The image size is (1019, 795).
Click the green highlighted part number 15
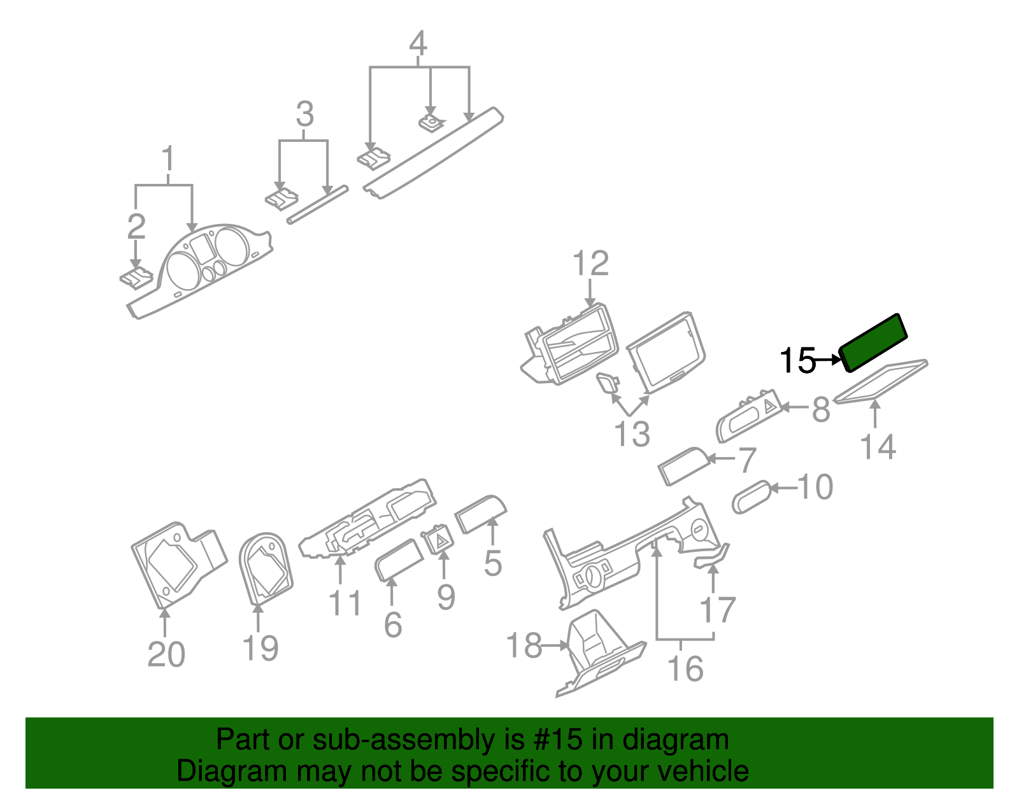pos(874,342)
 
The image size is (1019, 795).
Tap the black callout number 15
pos(797,361)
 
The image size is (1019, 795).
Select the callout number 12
pos(590,264)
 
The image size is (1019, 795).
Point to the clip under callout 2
pos(136,278)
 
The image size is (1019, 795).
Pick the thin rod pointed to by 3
pos(318,204)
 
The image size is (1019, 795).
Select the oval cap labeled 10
pos(752,497)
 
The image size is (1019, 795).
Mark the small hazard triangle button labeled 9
pos(438,540)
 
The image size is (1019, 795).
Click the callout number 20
pos(166,654)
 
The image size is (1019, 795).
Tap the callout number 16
pos(685,669)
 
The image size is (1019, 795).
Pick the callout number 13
pos(631,434)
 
